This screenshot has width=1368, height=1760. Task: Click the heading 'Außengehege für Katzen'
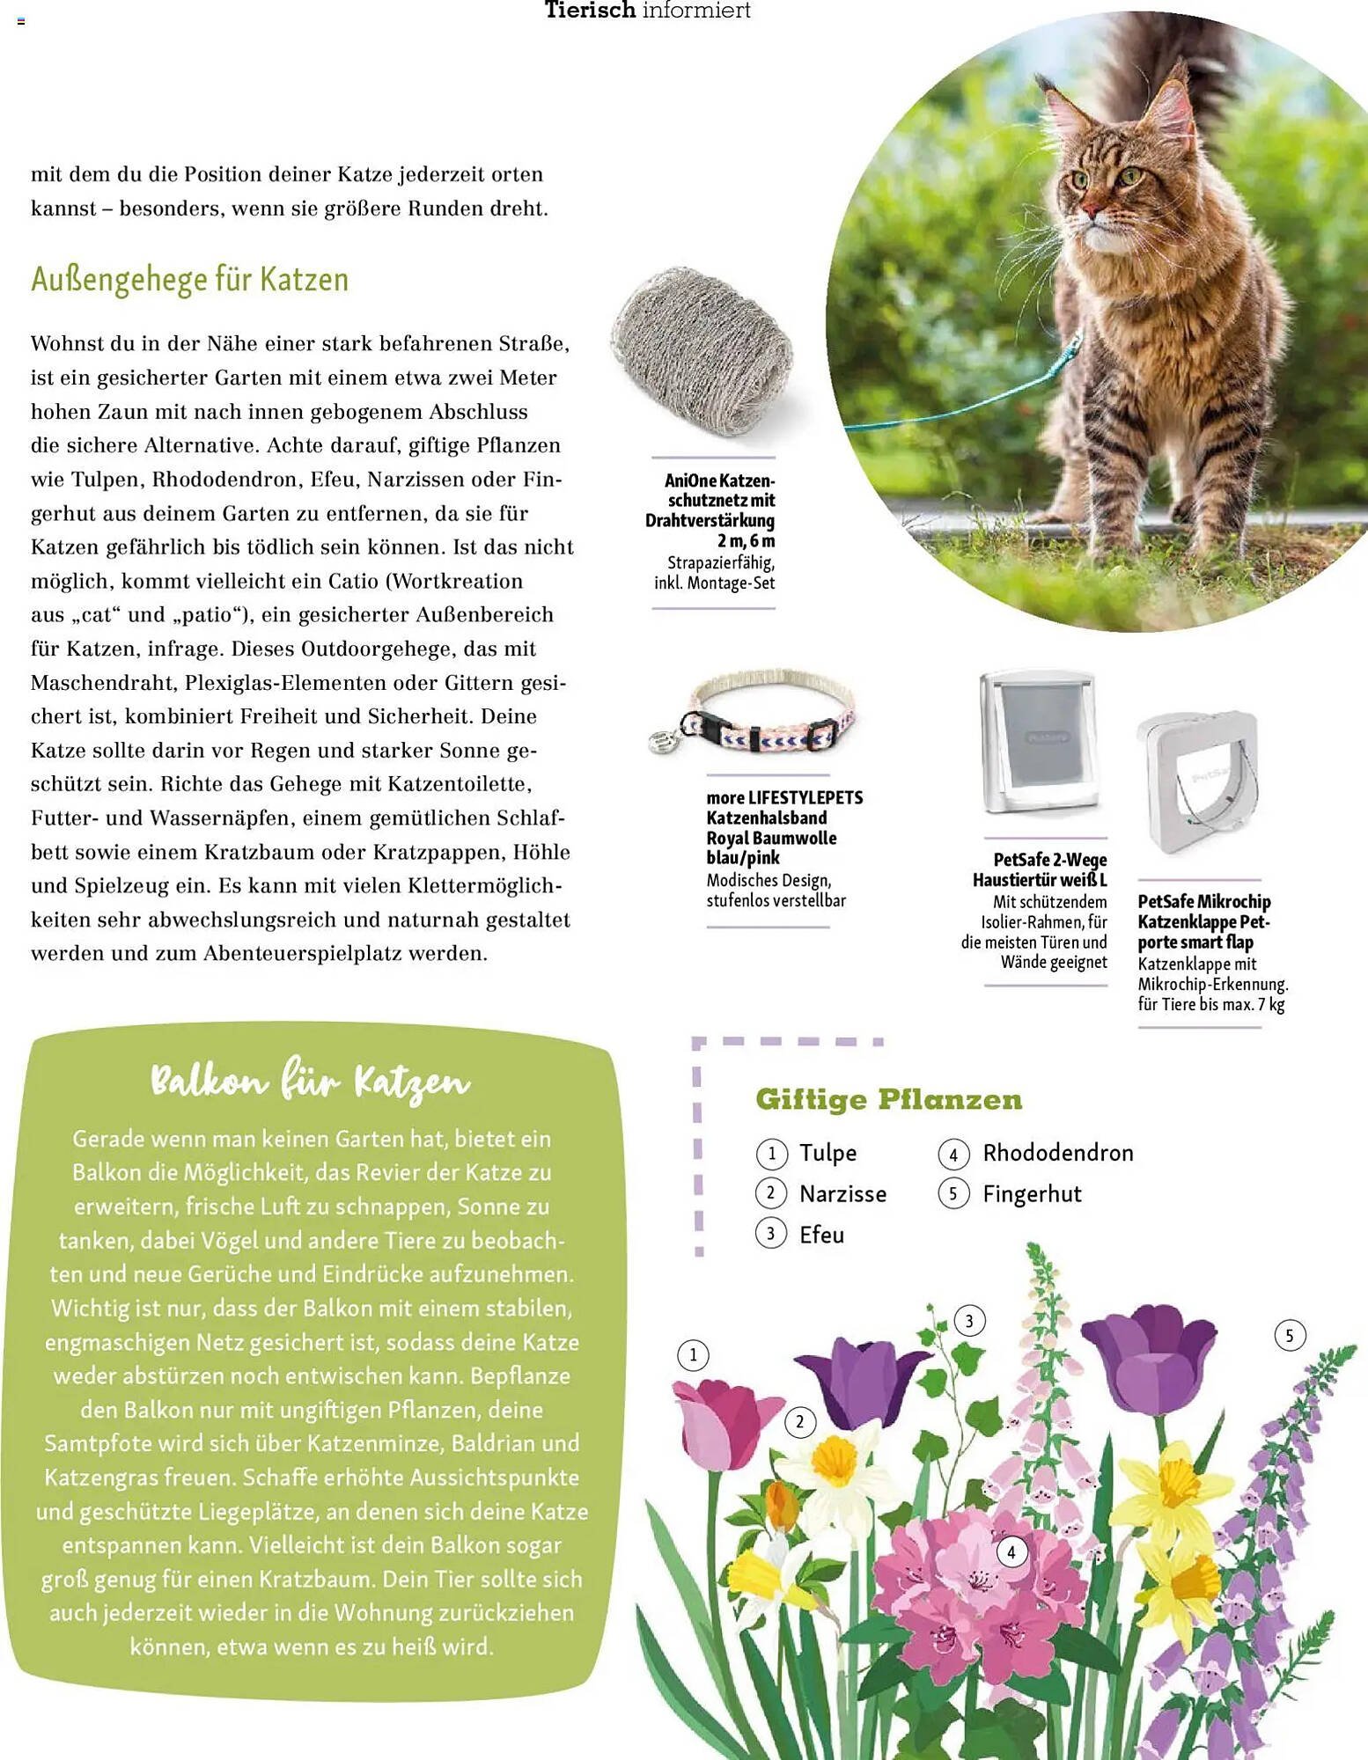pyautogui.click(x=190, y=280)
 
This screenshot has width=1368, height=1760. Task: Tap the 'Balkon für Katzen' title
pyautogui.click(x=310, y=1082)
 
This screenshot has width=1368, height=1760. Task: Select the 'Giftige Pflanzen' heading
pyautogui.click(x=888, y=1099)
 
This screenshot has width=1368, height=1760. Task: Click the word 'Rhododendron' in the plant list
pyautogui.click(x=1057, y=1153)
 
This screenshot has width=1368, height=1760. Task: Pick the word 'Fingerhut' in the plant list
pyautogui.click(x=1032, y=1194)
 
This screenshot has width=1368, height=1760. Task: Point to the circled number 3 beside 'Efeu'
pyautogui.click(x=770, y=1235)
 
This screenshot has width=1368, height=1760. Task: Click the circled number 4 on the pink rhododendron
pyautogui.click(x=1011, y=1552)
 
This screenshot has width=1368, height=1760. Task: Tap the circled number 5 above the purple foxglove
pyautogui.click(x=1290, y=1336)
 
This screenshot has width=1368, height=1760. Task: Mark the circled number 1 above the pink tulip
pyautogui.click(x=693, y=1355)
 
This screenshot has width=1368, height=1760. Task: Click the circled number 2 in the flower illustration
pyautogui.click(x=799, y=1422)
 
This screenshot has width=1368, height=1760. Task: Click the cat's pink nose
pyautogui.click(x=1091, y=210)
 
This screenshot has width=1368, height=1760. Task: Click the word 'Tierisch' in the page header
pyautogui.click(x=589, y=11)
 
